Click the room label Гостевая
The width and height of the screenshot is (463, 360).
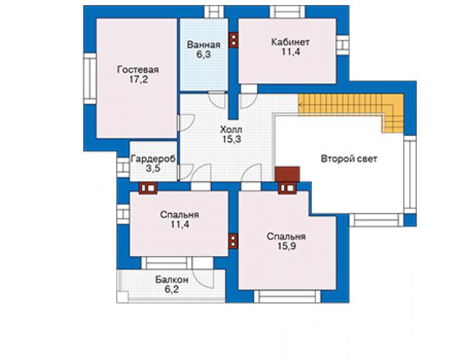tap(138, 69)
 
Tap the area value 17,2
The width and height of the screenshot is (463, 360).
tap(138, 80)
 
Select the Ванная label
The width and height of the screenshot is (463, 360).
tap(203, 45)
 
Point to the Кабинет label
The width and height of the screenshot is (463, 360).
tap(290, 42)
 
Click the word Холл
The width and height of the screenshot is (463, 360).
tap(232, 130)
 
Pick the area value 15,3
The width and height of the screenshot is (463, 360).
tap(232, 139)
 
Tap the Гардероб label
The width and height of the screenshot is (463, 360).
tap(153, 159)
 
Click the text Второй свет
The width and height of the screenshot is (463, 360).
tap(349, 159)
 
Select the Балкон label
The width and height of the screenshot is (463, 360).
tap(172, 280)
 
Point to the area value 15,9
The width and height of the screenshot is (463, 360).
tap(287, 246)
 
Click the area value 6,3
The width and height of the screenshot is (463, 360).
tap(203, 54)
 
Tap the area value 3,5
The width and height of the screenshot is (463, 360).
tap(153, 168)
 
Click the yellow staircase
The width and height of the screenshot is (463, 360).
tap(351, 105)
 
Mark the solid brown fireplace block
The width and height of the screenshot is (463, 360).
tap(287, 174)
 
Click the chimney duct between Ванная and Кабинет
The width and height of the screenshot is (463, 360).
tap(234, 40)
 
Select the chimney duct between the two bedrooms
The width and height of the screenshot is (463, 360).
tap(233, 241)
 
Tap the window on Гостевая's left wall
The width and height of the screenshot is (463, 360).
tap(89, 79)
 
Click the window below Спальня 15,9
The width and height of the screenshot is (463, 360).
tap(287, 297)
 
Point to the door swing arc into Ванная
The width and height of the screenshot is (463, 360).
tap(217, 101)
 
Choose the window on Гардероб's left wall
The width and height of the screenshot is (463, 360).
tap(123, 167)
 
